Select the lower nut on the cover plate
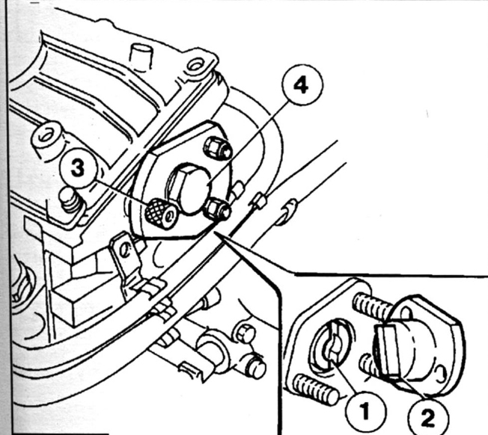pos(218,209)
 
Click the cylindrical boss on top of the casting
pos(139,55)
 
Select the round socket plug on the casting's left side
pos(43,138)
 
